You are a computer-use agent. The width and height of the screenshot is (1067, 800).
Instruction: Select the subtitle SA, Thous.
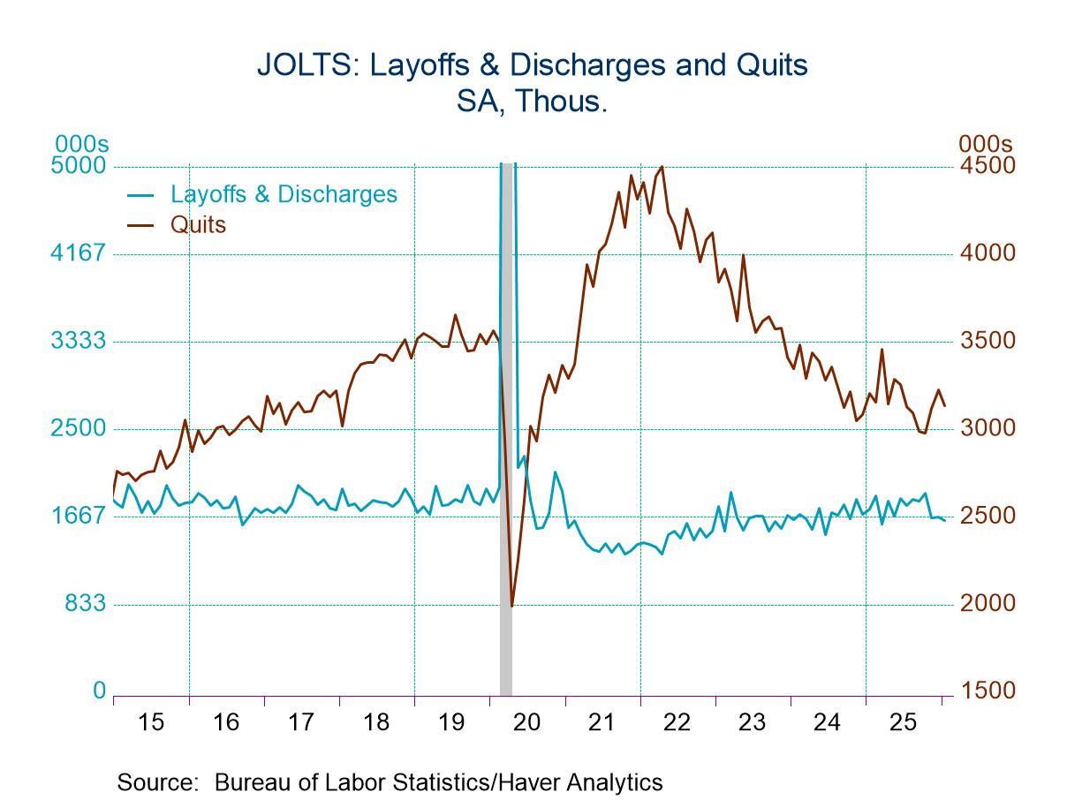[x=532, y=102]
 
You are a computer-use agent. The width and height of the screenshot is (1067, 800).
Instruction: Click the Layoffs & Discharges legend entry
[x=284, y=194]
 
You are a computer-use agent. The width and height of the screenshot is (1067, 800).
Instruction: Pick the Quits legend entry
[x=198, y=224]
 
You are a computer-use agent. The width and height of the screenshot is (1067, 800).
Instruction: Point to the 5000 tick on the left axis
[x=80, y=167]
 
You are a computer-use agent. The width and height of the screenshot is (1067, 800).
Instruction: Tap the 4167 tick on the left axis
[x=80, y=254]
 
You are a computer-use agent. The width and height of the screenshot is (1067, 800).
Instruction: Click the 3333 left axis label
[x=80, y=342]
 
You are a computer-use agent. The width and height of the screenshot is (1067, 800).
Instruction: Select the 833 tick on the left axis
[x=87, y=604]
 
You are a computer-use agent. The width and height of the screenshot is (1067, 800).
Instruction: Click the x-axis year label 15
[x=151, y=722]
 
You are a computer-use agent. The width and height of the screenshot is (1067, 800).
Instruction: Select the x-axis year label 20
[x=526, y=722]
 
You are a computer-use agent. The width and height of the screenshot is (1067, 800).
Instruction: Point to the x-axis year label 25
[x=902, y=722]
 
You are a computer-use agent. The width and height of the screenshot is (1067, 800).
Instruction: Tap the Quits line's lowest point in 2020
[x=511, y=606]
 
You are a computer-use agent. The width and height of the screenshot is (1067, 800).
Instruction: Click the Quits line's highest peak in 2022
[x=662, y=167]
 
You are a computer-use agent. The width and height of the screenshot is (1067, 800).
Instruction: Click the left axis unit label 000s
[x=80, y=144]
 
